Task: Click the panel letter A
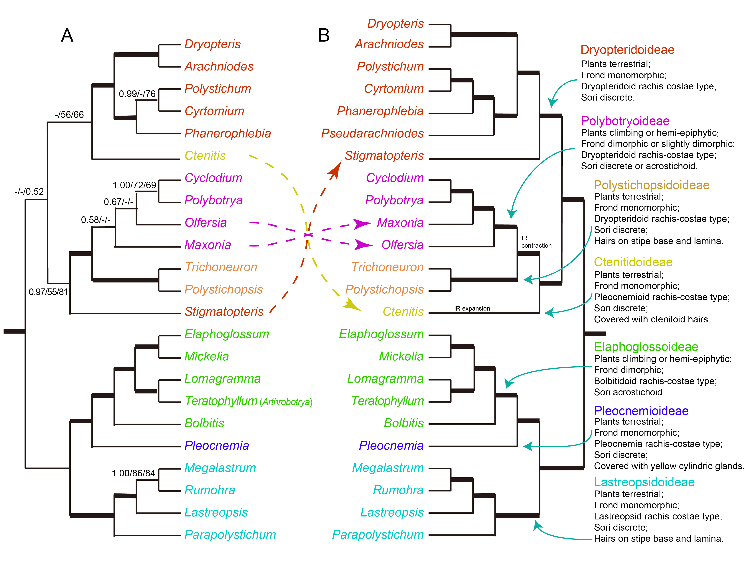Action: [67, 35]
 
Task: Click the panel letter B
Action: [324, 35]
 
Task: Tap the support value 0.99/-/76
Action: [137, 94]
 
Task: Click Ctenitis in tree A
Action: [205, 156]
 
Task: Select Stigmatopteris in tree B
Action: [384, 156]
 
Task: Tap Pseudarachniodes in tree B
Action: [372, 133]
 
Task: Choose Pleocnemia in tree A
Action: [217, 445]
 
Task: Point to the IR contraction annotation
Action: [536, 242]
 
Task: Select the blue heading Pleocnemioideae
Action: [641, 411]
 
